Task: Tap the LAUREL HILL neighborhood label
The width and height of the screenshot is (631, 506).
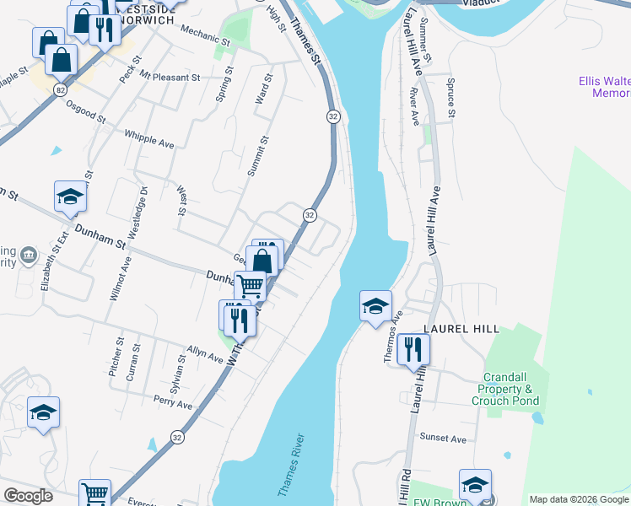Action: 461,328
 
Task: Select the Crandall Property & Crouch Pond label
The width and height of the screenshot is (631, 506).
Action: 510,389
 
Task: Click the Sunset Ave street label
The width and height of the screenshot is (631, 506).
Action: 445,439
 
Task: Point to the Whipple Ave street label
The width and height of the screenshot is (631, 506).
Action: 148,139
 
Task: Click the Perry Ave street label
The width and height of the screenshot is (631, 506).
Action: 173,403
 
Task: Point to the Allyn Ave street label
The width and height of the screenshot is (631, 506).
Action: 205,354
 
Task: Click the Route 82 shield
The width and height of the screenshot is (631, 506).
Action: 59,89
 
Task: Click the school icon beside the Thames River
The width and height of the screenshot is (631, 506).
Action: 375,304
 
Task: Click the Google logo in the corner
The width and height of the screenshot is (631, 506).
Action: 29,496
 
